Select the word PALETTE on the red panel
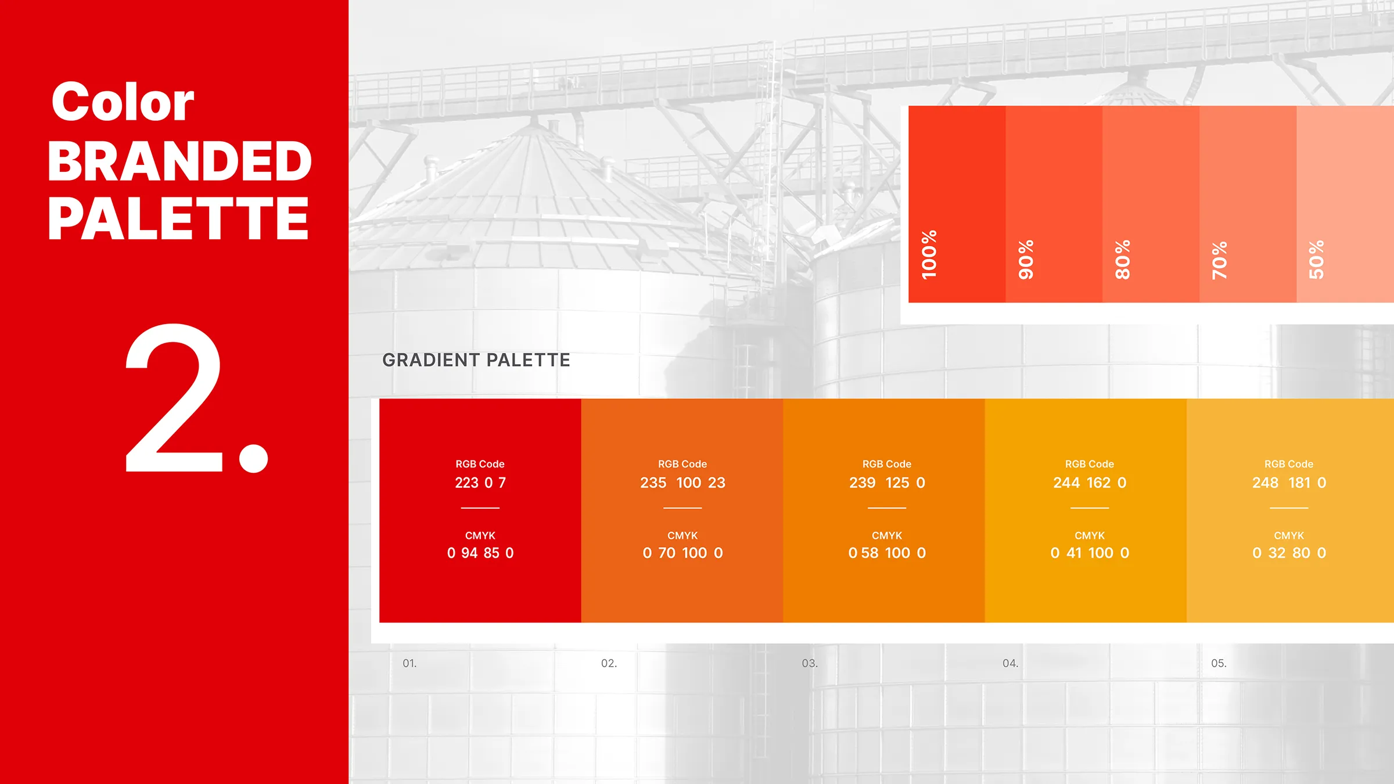(x=178, y=218)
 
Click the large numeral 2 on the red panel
(x=174, y=398)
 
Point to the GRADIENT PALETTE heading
(x=476, y=360)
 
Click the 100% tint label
(x=929, y=254)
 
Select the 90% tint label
(x=1026, y=259)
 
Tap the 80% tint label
(x=1123, y=259)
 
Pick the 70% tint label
(x=1220, y=260)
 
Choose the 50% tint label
(x=1317, y=259)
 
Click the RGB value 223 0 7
(x=480, y=483)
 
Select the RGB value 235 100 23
(x=682, y=483)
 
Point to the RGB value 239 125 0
(x=887, y=483)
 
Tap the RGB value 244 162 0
(x=1090, y=483)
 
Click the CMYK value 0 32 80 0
(x=1289, y=553)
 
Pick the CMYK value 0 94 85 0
(x=480, y=553)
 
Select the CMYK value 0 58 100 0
(x=887, y=553)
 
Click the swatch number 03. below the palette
(x=810, y=663)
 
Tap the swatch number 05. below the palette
(x=1219, y=663)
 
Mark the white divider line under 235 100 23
(x=682, y=508)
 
